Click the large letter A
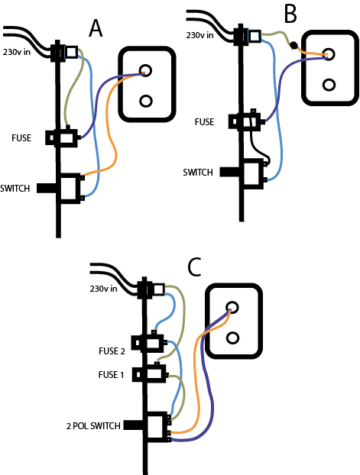(96, 29)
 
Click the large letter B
(290, 14)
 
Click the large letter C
(195, 267)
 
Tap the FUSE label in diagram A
(21, 138)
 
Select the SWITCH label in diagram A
(15, 189)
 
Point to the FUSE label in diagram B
(204, 122)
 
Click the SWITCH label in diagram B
(198, 173)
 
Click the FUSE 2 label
(112, 351)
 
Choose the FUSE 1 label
(112, 375)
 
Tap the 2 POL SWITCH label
(93, 426)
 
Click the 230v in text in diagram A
(17, 52)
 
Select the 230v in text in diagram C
(103, 289)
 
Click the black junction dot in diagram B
(294, 46)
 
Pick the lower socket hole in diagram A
(146, 101)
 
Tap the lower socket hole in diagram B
(329, 85)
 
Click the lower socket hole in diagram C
(232, 338)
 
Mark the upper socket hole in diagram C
(232, 308)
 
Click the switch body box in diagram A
(70, 189)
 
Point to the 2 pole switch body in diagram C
(157, 427)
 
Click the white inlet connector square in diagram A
(72, 53)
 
